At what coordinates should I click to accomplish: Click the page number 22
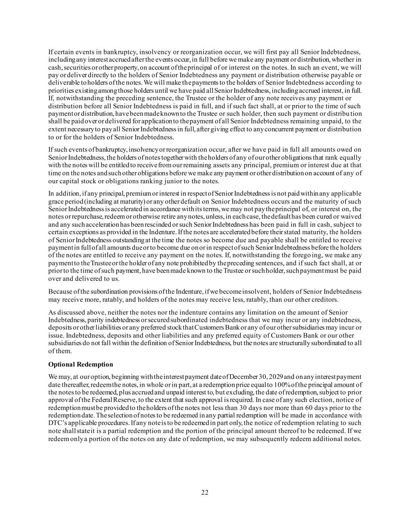click(205, 492)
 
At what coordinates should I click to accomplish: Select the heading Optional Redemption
click(80, 364)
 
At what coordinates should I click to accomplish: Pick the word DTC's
click(57, 423)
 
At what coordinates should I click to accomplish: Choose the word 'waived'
click(351, 217)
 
